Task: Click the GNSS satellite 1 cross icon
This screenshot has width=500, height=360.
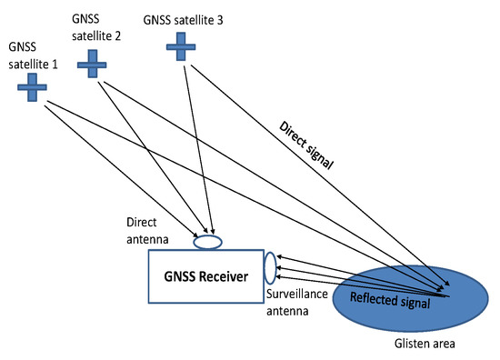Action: click(35, 87)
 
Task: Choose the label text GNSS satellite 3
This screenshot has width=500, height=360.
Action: click(185, 19)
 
